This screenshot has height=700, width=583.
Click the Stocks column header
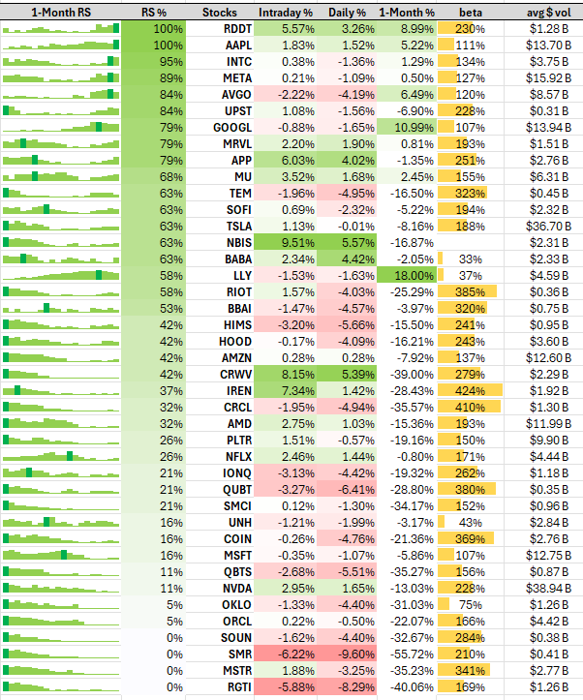[226, 13]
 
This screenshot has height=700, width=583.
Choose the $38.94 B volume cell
[553, 588]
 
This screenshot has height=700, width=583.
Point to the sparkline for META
[61, 78]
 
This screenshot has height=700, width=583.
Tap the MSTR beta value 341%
[471, 670]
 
